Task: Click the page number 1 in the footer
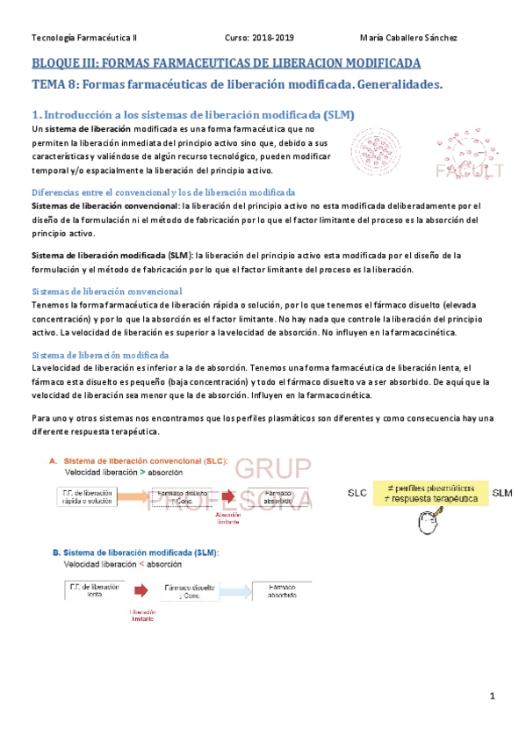pos(494,697)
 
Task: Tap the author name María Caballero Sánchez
pos(408,38)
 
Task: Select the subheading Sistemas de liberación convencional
pos(106,291)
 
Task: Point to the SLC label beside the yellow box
pos(358,492)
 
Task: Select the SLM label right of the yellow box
pos(502,492)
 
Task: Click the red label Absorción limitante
pos(228,520)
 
